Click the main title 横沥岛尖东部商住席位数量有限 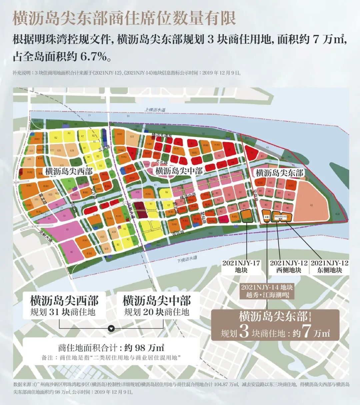[124, 18]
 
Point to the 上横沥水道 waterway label [155, 110]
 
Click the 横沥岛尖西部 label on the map [69, 172]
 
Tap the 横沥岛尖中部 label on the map [179, 171]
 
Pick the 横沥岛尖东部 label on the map [279, 173]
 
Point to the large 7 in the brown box [306, 331]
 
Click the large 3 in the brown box [244, 331]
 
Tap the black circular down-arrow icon [111, 328]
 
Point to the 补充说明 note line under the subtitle [127, 73]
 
